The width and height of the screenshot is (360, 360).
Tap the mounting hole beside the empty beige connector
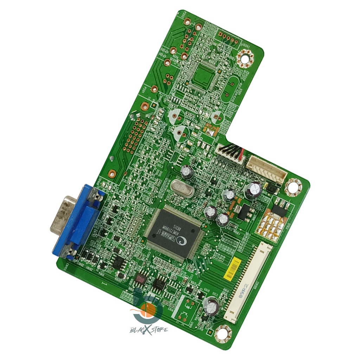(292, 187)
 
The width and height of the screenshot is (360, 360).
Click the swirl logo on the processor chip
(183, 241)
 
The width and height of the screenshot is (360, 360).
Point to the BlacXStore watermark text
(149, 329)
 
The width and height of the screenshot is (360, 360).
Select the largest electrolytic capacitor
(253, 190)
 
